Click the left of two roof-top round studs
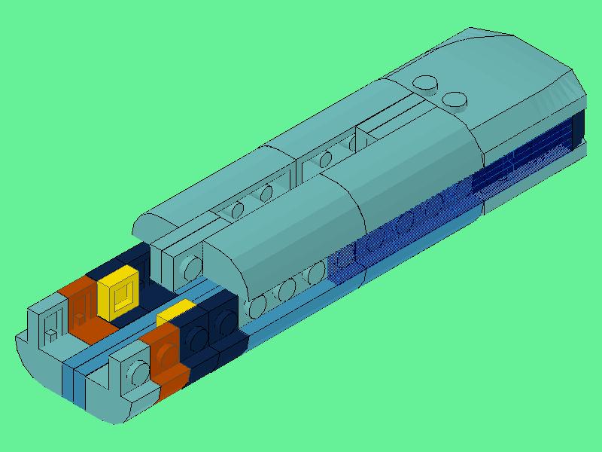pyautogui.click(x=428, y=84)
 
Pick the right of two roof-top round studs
pyautogui.click(x=455, y=99)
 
